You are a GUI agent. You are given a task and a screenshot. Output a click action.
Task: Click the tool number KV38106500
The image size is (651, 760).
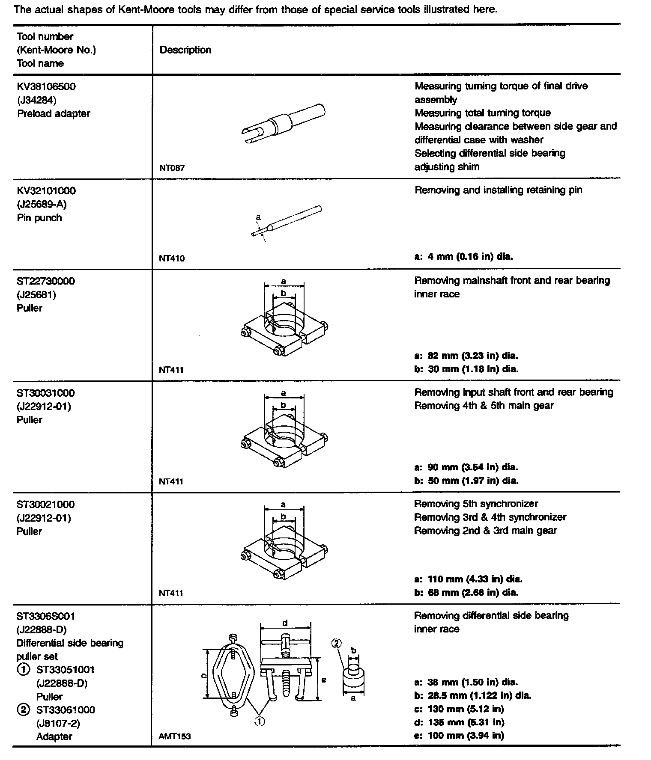(46, 87)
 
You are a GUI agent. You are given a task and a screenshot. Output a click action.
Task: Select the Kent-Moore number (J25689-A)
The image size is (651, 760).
(42, 204)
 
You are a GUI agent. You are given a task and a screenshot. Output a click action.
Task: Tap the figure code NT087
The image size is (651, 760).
(172, 168)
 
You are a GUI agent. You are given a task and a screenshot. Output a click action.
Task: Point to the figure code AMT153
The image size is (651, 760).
(175, 736)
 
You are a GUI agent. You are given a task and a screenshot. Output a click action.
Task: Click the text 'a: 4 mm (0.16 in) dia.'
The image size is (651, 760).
(463, 257)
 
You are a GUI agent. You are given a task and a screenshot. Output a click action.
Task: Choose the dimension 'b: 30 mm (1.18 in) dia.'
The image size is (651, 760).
(466, 369)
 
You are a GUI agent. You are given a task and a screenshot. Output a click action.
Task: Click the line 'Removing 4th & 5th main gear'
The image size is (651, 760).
(484, 406)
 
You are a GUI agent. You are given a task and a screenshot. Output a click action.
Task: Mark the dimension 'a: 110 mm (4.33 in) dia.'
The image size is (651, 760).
(468, 579)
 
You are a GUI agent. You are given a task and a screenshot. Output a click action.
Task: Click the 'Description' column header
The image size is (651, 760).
(185, 50)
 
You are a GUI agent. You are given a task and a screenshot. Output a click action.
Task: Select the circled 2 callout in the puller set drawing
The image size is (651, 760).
(336, 643)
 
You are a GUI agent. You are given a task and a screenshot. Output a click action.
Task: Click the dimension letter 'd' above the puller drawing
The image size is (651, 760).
(285, 623)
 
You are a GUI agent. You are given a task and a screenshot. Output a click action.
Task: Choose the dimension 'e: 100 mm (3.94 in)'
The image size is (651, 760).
(459, 736)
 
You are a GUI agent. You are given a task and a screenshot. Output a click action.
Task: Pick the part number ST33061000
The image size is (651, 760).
(66, 710)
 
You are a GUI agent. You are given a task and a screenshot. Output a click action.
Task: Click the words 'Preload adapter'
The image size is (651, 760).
(54, 114)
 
